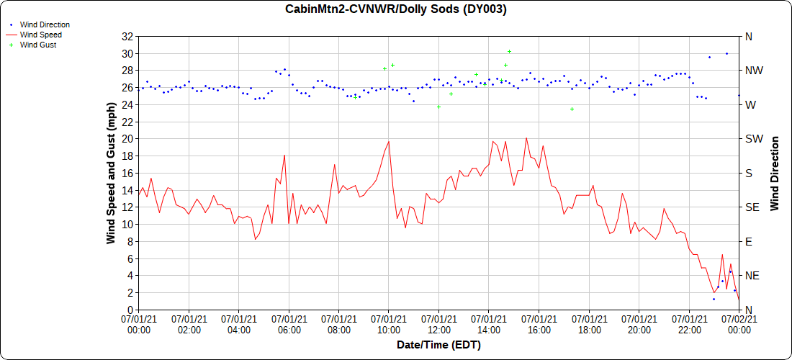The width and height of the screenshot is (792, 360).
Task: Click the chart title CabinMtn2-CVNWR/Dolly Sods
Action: point(395,9)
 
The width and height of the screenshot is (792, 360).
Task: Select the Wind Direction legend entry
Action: point(45,24)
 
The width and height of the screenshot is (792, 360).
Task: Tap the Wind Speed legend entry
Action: point(40,35)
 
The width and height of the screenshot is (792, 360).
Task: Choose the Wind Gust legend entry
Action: point(38,45)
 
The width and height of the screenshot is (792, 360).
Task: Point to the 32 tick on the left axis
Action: point(126,36)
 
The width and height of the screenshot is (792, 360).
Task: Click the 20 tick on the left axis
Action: point(126,138)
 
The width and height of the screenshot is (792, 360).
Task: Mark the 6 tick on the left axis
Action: point(129,258)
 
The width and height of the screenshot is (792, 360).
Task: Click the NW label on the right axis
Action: point(752,71)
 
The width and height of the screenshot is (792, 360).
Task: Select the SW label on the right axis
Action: point(752,139)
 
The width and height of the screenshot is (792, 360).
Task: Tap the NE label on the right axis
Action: point(752,276)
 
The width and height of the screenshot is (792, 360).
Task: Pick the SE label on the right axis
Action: point(752,207)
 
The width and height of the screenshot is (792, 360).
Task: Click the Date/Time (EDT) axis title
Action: point(438,345)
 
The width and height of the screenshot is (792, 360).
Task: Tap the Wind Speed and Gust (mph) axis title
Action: point(111,173)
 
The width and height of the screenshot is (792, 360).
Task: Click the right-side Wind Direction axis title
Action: point(775,173)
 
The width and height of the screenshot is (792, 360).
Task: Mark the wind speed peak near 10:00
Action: point(389,141)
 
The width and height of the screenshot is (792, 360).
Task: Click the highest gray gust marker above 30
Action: point(509,51)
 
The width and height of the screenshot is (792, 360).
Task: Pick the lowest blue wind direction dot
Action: point(714,299)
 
